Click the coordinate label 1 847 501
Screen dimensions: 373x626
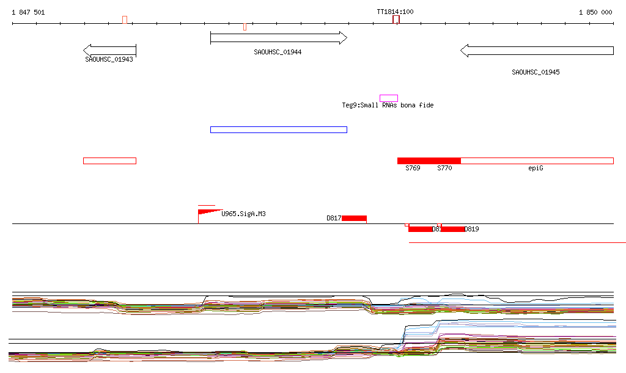tap(28, 12)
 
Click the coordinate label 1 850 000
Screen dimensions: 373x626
tap(595, 12)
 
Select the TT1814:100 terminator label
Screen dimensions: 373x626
tap(395, 12)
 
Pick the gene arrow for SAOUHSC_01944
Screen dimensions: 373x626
tap(278, 38)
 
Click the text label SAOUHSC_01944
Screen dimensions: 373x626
tap(278, 52)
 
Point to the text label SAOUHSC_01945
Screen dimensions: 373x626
tap(536, 72)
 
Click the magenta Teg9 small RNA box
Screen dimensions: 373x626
tap(389, 98)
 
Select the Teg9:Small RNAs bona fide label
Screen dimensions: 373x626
tap(388, 106)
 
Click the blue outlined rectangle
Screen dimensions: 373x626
tap(278, 129)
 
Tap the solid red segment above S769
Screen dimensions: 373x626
tap(429, 161)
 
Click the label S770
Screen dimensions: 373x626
tap(444, 168)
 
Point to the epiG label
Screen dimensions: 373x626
tap(536, 168)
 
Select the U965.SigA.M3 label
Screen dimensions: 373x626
tap(243, 214)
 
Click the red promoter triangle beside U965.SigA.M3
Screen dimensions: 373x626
tap(207, 212)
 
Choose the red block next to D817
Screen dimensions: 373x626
tap(354, 218)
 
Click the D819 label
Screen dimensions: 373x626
tap(472, 230)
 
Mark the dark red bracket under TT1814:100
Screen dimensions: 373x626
tap(396, 20)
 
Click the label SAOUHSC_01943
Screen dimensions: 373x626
tap(109, 59)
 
